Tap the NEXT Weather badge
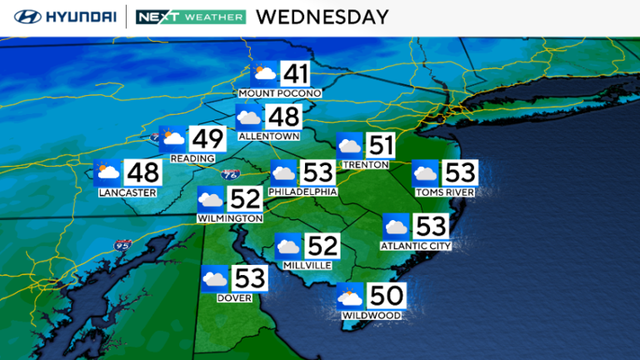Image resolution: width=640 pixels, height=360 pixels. pyautogui.click(x=191, y=17)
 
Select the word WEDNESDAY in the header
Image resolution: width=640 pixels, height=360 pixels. pyautogui.click(x=322, y=17)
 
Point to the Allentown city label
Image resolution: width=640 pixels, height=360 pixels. pyautogui.click(x=268, y=135)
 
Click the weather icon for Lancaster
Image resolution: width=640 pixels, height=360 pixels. pyautogui.click(x=107, y=173)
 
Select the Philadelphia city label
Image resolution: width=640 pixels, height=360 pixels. pyautogui.click(x=302, y=192)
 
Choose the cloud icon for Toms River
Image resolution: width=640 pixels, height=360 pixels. pyautogui.click(x=426, y=174)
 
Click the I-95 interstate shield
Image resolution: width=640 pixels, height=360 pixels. pyautogui.click(x=123, y=246)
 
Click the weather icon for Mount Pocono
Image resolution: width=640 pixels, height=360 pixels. pyautogui.click(x=266, y=74)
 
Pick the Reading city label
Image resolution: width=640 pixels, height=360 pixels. pyautogui.click(x=192, y=158)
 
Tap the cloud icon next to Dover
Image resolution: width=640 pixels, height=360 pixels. pyautogui.click(x=215, y=277)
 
